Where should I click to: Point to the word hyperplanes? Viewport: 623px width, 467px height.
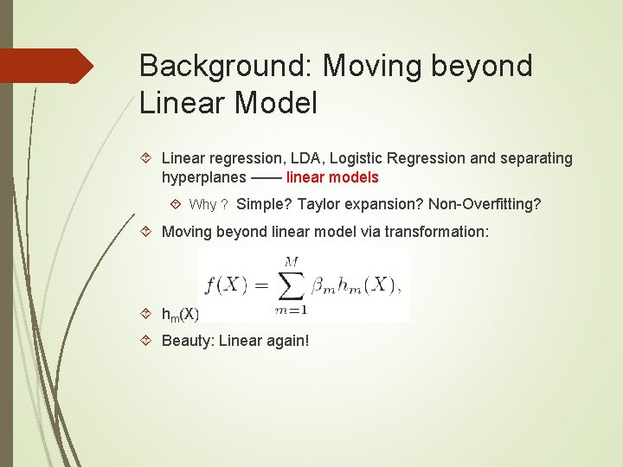click(x=202, y=178)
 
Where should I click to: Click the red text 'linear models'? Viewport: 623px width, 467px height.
click(x=332, y=177)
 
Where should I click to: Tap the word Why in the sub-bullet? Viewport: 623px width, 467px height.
click(x=202, y=205)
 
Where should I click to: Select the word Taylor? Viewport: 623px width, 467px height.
click(x=318, y=205)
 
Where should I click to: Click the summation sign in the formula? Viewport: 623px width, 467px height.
click(x=291, y=284)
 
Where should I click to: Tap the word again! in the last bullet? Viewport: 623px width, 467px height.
click(x=286, y=341)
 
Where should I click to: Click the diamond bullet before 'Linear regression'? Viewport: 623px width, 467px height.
click(x=147, y=158)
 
